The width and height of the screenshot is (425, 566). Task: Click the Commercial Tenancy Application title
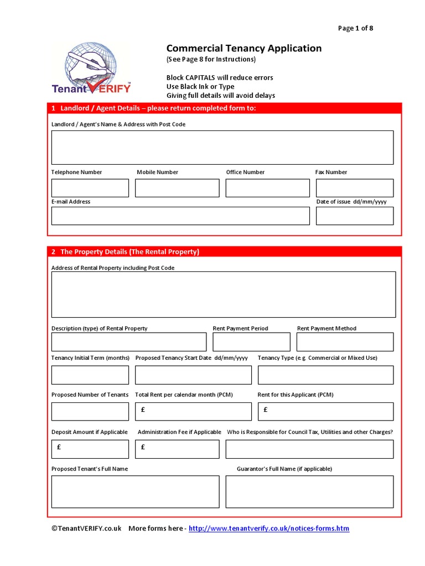[243, 49]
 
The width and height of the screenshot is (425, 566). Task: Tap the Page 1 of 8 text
[355, 28]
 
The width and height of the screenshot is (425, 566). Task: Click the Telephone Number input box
[90, 188]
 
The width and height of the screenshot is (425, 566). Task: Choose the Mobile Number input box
[177, 188]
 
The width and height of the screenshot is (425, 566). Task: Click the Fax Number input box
[354, 188]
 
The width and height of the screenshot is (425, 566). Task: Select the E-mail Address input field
[180, 216]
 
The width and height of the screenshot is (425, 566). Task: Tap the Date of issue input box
[354, 216]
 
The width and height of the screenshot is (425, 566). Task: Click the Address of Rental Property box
[224, 294]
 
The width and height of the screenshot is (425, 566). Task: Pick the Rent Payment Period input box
[251, 342]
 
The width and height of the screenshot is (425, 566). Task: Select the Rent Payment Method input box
[345, 342]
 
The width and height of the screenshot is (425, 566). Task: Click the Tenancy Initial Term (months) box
[90, 375]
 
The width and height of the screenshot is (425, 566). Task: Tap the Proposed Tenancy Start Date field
[193, 375]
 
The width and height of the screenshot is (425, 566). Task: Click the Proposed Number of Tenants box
[90, 411]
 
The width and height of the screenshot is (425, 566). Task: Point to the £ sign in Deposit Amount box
[59, 447]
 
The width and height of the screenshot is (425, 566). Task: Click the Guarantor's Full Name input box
[309, 491]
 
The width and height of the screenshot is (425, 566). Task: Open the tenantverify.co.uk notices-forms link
[269, 529]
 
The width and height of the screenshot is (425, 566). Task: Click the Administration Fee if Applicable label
[179, 432]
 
